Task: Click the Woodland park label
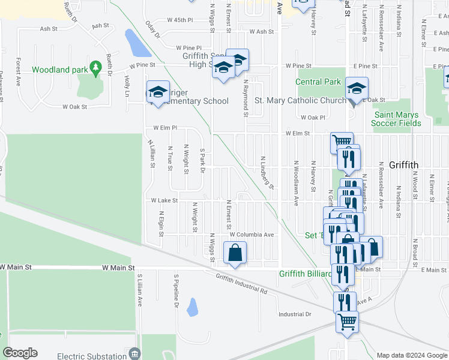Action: click(59, 70)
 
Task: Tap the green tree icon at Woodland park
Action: click(95, 68)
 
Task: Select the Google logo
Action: click(20, 353)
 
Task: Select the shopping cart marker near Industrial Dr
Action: click(346, 323)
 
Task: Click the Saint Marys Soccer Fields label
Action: click(397, 119)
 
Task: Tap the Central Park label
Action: click(318, 82)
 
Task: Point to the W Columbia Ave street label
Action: click(252, 235)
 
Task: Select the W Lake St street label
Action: click(164, 200)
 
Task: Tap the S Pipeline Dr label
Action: click(177, 291)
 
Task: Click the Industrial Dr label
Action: click(295, 314)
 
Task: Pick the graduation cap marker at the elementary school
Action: click(158, 92)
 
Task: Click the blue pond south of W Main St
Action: click(193, 307)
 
